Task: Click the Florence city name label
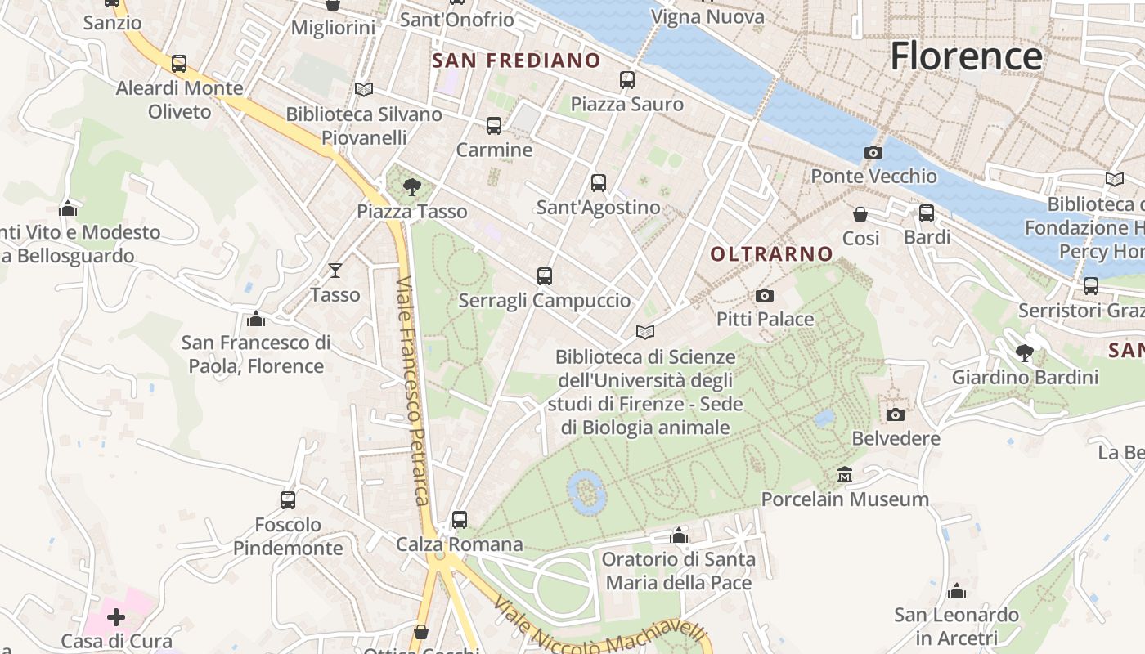coord(966,56)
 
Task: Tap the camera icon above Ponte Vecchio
coord(873,152)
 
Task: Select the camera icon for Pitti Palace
coord(765,295)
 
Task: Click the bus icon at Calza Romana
coord(460,519)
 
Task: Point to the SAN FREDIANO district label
coord(516,60)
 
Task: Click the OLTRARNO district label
coord(771,254)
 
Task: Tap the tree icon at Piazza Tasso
coord(412,187)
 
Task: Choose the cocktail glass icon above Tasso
coord(335,270)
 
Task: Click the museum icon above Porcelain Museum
coord(845,474)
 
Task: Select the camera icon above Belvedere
coord(896,414)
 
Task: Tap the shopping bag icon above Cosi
coord(860,214)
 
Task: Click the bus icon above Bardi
coord(927,213)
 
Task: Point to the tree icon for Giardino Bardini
coord(1024,353)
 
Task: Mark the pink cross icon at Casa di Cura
coord(116,616)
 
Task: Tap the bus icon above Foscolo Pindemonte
coord(288,499)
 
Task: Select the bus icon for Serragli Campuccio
coord(545,276)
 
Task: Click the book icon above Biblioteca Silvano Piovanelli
coord(364,89)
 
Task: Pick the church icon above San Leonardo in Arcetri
coord(956,591)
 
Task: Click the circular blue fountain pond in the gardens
coord(586,491)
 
